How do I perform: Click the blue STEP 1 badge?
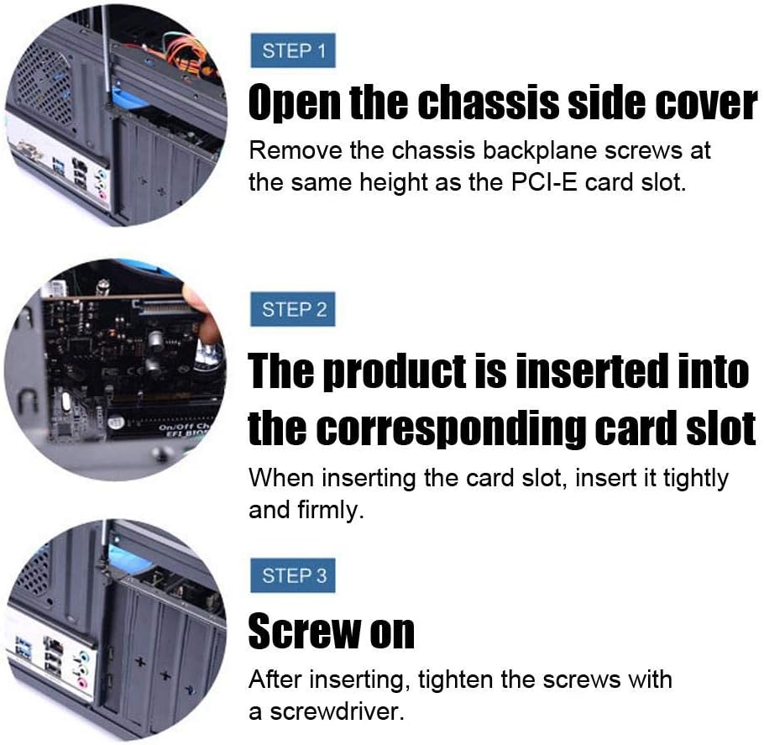pos(293,50)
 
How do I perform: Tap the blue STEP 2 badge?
pos(293,309)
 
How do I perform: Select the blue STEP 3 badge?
pos(293,575)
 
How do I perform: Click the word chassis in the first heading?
pos(489,102)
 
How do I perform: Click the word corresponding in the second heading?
pos(452,429)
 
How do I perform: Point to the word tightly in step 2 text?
pos(696,480)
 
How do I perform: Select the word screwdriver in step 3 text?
pos(337,711)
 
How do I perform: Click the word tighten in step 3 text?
pos(455,679)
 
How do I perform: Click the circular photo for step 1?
pos(116,115)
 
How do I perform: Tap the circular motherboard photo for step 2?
pos(116,370)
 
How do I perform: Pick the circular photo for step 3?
pos(116,631)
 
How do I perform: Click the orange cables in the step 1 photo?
pos(192,55)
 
